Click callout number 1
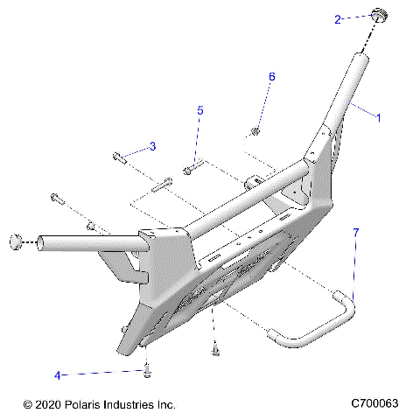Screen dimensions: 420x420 378,116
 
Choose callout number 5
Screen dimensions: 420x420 199,111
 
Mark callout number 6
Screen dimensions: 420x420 271,77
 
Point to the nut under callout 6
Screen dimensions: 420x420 254,131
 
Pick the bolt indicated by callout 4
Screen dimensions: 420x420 147,371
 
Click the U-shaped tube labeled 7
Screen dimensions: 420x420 315,324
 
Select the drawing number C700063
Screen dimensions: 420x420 374,403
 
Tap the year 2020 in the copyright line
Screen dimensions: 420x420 47,405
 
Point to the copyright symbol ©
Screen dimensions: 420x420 27,405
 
